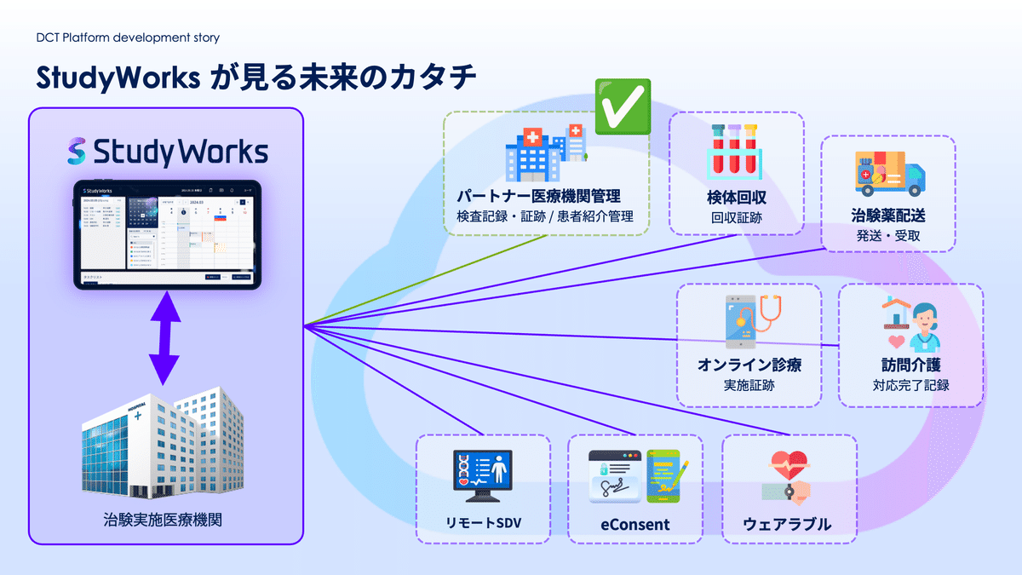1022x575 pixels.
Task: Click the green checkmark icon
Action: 622,106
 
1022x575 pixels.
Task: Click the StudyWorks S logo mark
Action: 77,152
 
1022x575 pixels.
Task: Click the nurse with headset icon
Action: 910,325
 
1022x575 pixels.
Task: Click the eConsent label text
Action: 634,525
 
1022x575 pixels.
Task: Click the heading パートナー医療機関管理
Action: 545,196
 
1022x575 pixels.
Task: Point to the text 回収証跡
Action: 737,217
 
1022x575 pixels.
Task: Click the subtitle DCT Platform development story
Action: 129,37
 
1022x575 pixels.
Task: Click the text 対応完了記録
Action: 910,385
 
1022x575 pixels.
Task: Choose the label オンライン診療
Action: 749,365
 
